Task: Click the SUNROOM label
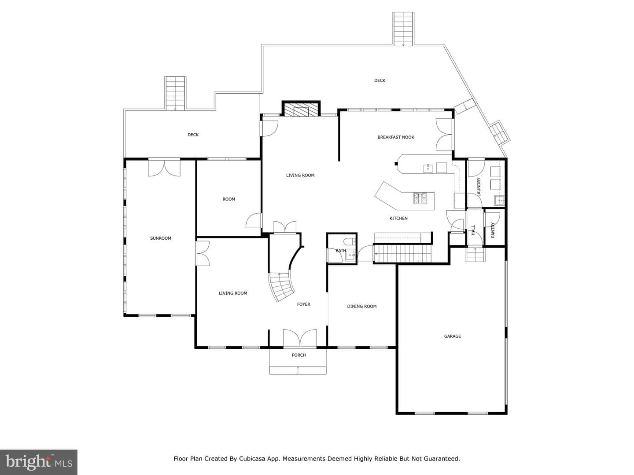pyautogui.click(x=160, y=238)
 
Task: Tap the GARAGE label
pyautogui.click(x=452, y=336)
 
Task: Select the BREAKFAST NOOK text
pyautogui.click(x=396, y=137)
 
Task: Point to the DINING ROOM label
pyautogui.click(x=361, y=306)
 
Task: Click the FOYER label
pyautogui.click(x=303, y=304)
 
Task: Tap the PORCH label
pyautogui.click(x=299, y=355)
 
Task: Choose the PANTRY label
pyautogui.click(x=493, y=230)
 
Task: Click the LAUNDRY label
pyautogui.click(x=479, y=187)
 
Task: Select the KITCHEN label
pyautogui.click(x=398, y=218)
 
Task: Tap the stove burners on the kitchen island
pyautogui.click(x=420, y=198)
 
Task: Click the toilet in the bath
pyautogui.click(x=350, y=241)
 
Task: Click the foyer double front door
pyautogui.click(x=300, y=338)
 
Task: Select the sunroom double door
pyautogui.click(x=164, y=168)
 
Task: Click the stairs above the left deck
pyautogui.click(x=175, y=93)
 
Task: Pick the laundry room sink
pyautogui.click(x=499, y=200)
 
